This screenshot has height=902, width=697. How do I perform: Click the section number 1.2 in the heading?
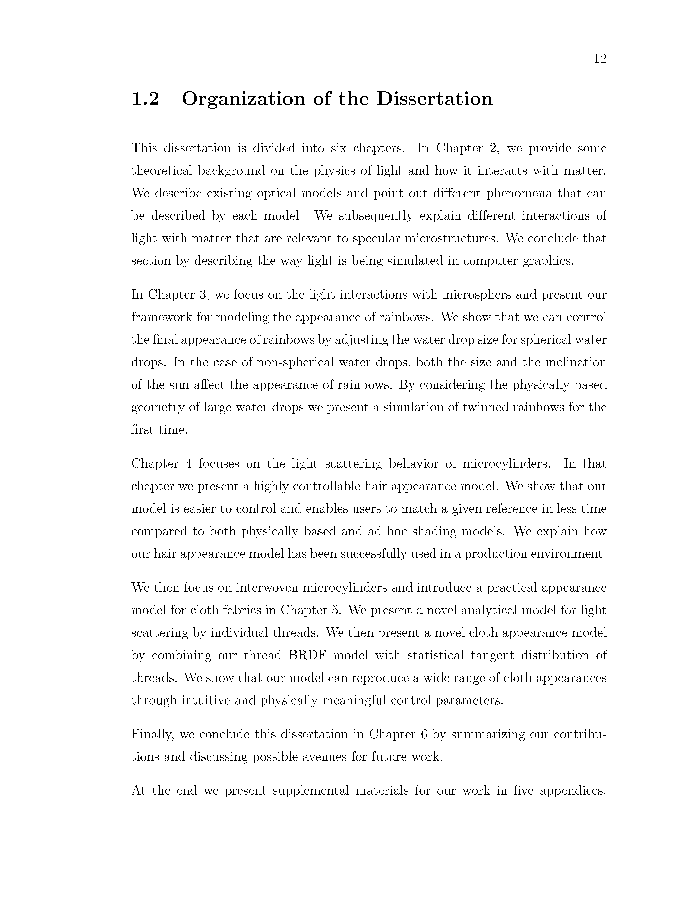[x=145, y=99]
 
